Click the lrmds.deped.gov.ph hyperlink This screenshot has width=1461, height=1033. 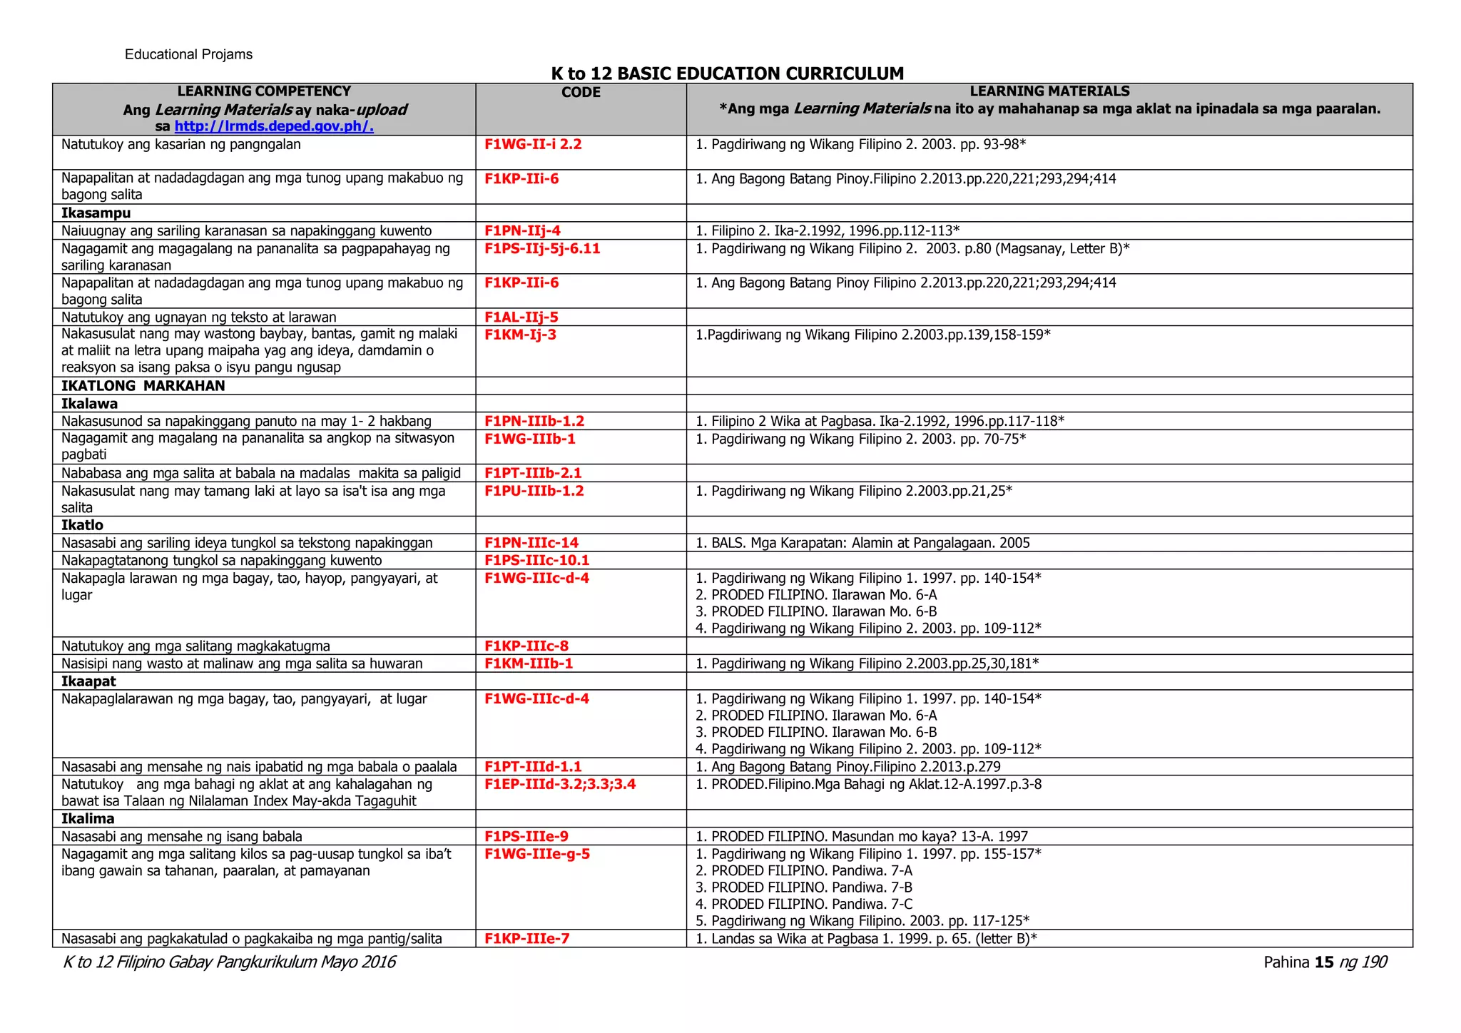(274, 126)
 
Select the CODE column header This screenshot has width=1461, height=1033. (581, 93)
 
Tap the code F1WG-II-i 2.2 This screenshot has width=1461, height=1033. (533, 144)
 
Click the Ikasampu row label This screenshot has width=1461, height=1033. (96, 213)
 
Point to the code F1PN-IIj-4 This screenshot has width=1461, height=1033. (522, 230)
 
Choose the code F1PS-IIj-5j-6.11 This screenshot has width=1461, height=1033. (542, 248)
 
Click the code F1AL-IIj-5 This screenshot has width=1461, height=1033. (521, 317)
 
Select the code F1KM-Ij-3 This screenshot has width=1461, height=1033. (520, 335)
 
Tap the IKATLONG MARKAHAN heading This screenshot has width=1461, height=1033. (143, 386)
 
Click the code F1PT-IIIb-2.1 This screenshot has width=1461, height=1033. (533, 473)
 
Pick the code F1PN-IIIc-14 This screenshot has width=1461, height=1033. (531, 543)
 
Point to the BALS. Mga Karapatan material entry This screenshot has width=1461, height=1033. (862, 543)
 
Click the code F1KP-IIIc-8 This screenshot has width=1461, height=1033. (526, 646)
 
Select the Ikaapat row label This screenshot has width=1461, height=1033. (88, 681)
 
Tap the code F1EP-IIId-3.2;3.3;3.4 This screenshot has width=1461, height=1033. (560, 785)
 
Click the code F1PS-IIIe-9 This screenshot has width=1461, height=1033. (526, 837)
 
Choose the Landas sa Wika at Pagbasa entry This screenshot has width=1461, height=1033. (866, 939)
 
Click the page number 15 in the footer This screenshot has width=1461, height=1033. (1324, 962)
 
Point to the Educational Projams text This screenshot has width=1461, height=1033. (188, 55)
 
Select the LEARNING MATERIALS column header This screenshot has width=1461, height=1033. (1049, 91)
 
